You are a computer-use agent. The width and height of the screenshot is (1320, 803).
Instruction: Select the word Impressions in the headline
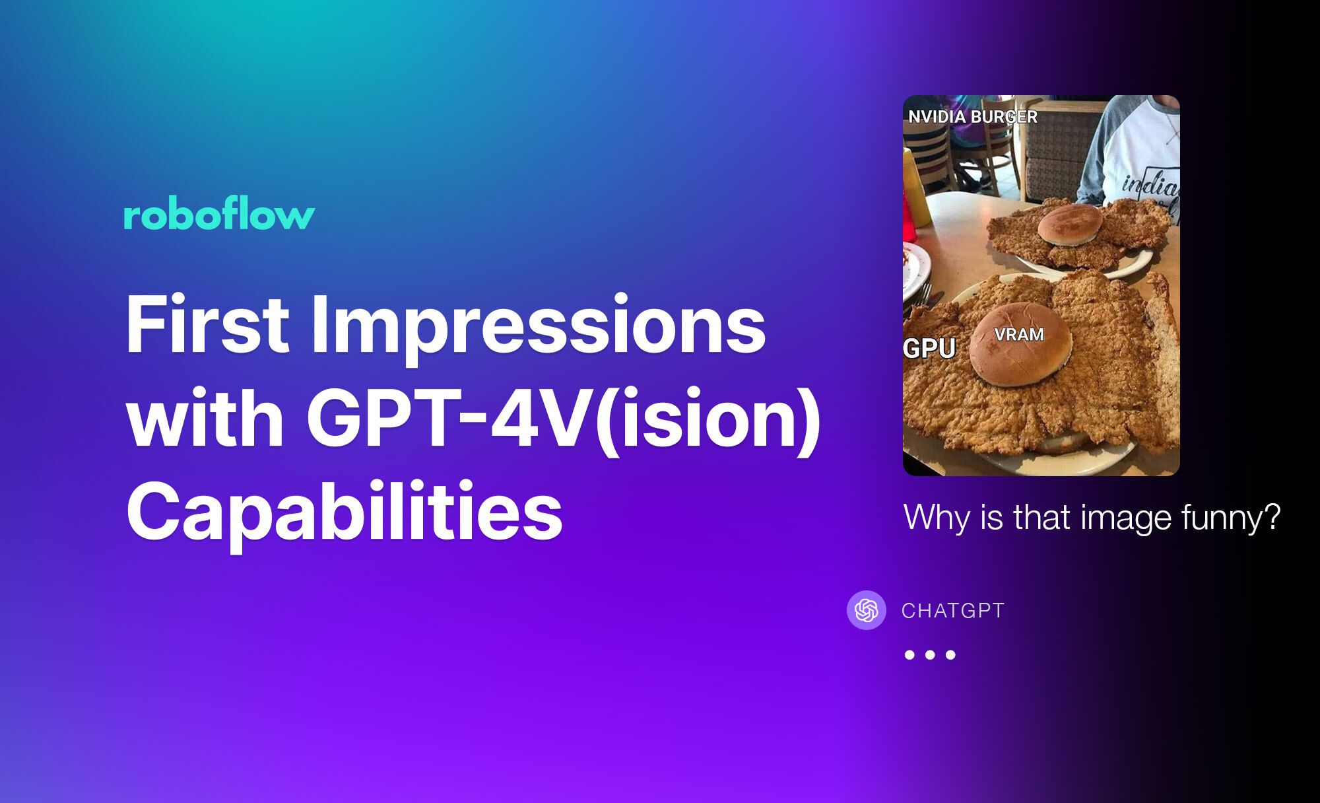(539, 328)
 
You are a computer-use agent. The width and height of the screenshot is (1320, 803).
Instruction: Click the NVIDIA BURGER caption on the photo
(972, 117)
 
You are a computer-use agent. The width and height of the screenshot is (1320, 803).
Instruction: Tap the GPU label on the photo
(929, 348)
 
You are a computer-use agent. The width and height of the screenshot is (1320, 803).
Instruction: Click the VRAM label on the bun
(1019, 335)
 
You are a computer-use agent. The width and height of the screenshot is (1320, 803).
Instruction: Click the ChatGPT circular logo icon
(866, 610)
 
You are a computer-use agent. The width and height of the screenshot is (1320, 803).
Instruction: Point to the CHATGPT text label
(952, 611)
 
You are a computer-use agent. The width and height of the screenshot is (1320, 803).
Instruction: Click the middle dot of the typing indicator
(930, 655)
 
